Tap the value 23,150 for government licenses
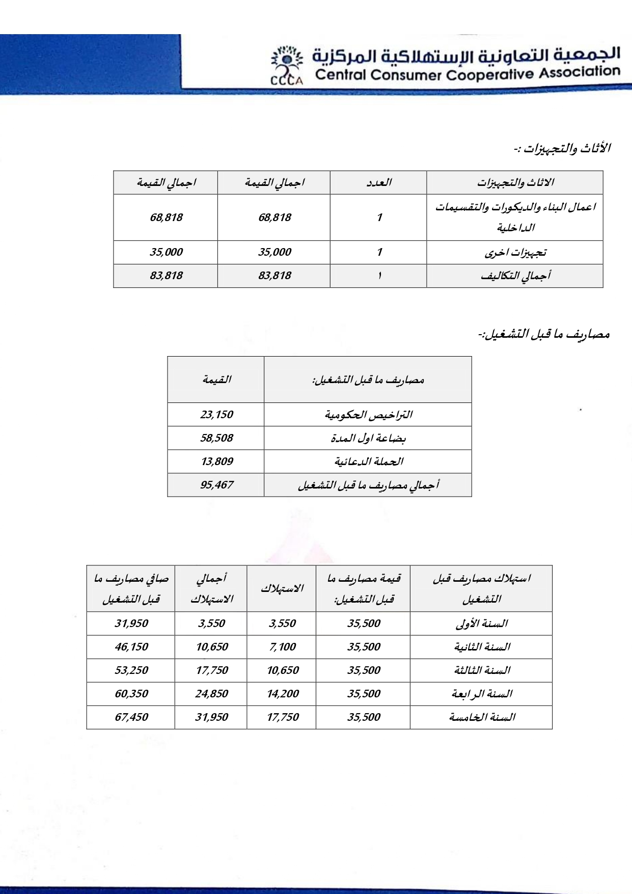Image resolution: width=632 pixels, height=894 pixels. (x=216, y=415)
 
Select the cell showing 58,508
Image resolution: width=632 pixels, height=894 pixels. (x=216, y=438)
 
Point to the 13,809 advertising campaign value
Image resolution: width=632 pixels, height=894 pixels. (x=216, y=462)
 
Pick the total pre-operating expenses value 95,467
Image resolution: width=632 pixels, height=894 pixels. (x=216, y=485)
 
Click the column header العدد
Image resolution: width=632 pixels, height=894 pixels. (x=379, y=182)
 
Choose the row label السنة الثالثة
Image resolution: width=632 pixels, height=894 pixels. (x=482, y=670)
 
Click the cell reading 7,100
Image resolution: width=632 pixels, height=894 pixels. (x=282, y=647)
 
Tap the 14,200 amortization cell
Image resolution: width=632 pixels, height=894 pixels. (x=283, y=694)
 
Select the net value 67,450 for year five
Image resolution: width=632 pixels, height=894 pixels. (x=131, y=717)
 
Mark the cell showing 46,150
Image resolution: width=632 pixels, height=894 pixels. (x=131, y=647)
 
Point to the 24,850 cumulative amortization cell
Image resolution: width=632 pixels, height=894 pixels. (x=211, y=694)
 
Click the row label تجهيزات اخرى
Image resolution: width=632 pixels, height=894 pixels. (x=515, y=253)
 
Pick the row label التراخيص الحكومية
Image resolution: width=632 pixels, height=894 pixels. (x=368, y=415)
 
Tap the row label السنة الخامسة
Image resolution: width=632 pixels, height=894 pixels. (x=482, y=717)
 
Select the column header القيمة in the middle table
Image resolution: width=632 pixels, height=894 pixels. (x=216, y=380)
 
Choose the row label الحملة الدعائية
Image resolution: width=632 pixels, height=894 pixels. (x=368, y=462)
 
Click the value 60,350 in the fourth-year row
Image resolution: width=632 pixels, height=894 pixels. (x=131, y=694)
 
